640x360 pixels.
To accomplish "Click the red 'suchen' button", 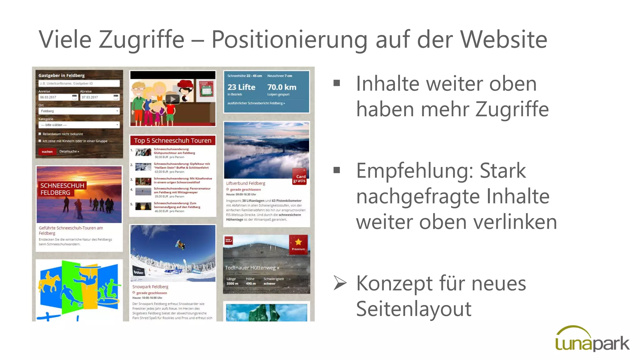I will [x=47, y=152].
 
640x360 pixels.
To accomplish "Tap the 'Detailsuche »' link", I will [x=69, y=152].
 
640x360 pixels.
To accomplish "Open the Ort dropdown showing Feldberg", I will [x=79, y=111].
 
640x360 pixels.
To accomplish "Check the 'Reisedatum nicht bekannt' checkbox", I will [x=40, y=134].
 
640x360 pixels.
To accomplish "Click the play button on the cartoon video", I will [x=172, y=99].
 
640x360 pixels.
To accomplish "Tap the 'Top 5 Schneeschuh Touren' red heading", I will [x=172, y=141].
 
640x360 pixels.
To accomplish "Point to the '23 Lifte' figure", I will [x=241, y=87].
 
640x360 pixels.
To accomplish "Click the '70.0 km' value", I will [x=282, y=87].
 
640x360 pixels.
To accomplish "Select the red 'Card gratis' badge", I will [x=299, y=178].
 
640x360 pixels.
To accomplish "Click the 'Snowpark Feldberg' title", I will [x=150, y=287].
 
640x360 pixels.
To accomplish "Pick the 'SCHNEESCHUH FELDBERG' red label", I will [x=62, y=189].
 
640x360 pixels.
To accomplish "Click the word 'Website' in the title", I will [x=504, y=39].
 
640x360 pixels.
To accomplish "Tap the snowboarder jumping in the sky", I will [x=180, y=245].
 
